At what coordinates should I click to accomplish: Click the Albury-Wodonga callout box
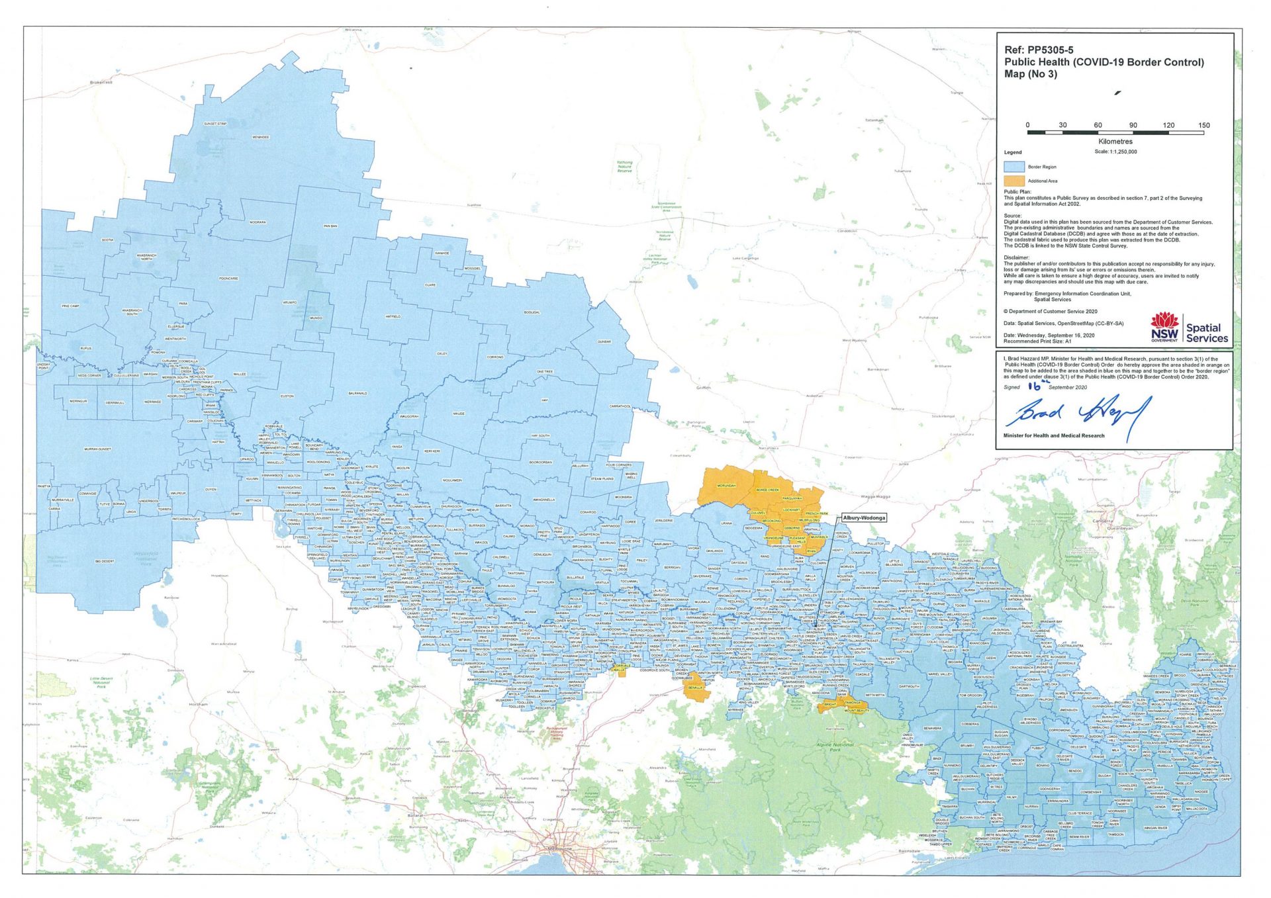pos(863,517)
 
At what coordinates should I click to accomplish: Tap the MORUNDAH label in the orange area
pos(726,486)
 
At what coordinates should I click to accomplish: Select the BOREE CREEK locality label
pos(768,490)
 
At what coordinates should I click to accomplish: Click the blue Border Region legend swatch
pos(1014,167)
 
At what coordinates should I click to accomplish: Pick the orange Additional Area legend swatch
pos(1014,181)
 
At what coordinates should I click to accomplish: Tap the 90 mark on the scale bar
pos(1133,125)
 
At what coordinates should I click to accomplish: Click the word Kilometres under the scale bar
pos(1115,141)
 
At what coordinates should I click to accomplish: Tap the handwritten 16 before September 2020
pos(1035,386)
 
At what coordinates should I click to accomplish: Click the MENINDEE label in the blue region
pos(260,137)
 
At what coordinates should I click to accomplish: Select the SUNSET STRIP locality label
pos(215,124)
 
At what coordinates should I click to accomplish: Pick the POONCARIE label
pos(228,279)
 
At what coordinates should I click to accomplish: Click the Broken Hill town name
pos(101,83)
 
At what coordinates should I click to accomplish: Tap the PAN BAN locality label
pos(330,226)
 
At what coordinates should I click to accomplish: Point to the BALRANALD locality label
pos(357,393)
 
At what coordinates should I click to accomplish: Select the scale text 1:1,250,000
pos(1115,152)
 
